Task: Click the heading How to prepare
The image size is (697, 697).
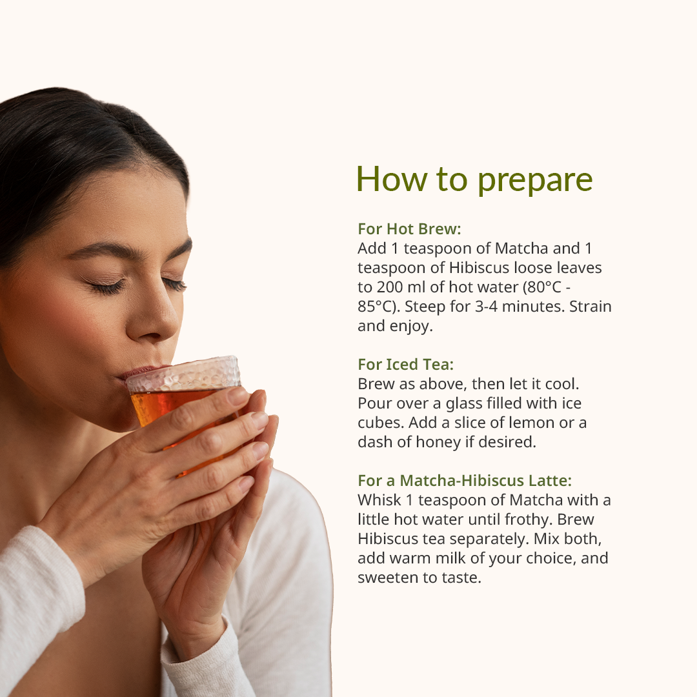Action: [474, 179]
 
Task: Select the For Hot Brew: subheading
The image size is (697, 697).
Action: [409, 229]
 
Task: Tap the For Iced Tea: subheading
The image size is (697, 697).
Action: [405, 365]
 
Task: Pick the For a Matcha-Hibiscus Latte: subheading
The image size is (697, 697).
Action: [465, 481]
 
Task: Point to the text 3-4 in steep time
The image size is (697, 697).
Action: [486, 307]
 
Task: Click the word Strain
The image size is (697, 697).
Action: [591, 307]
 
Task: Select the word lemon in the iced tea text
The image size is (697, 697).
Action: [531, 423]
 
